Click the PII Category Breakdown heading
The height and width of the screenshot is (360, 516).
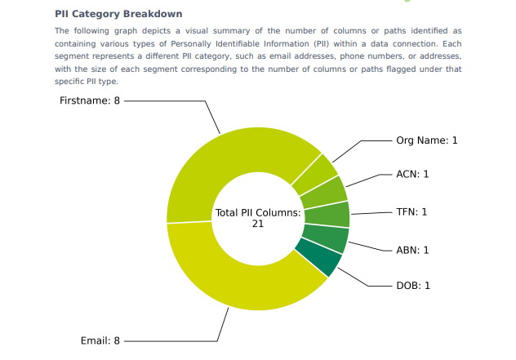118,14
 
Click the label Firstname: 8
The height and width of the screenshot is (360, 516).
90,100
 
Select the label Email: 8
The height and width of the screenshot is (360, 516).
100,340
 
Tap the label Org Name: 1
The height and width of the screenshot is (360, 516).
427,140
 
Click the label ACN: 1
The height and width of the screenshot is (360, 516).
412,174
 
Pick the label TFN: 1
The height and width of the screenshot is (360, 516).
411,211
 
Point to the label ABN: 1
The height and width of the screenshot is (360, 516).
412,250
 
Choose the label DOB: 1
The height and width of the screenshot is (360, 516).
413,286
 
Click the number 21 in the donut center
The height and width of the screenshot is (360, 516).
258,224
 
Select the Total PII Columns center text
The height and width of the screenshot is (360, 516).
258,213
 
